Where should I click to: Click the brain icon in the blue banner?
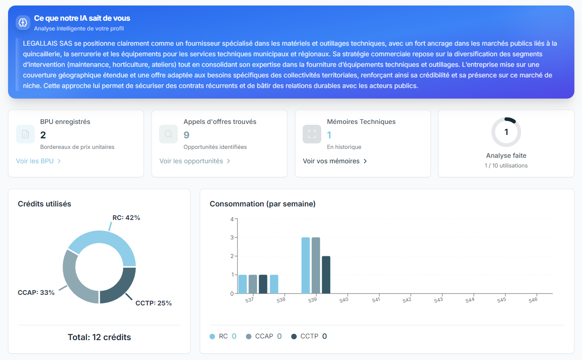pyautogui.click(x=23, y=22)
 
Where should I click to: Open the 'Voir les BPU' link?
pyautogui.click(x=39, y=161)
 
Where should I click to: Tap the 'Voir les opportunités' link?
pyautogui.click(x=195, y=161)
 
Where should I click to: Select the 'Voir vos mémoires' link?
pyautogui.click(x=335, y=161)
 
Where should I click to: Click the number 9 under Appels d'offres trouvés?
pyautogui.click(x=187, y=135)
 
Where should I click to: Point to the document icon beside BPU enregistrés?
pyautogui.click(x=25, y=134)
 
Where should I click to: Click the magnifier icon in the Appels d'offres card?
pyautogui.click(x=168, y=134)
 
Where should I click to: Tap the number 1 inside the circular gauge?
pyautogui.click(x=506, y=132)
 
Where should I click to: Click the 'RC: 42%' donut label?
pyautogui.click(x=126, y=218)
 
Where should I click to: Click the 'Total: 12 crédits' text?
pyautogui.click(x=99, y=337)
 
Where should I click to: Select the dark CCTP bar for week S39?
pyautogui.click(x=326, y=275)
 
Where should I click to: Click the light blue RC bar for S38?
pyautogui.click(x=274, y=284)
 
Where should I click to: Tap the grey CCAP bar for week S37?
pyautogui.click(x=253, y=284)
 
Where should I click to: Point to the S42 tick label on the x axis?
pyautogui.click(x=407, y=300)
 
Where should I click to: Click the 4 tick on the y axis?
pyautogui.click(x=232, y=219)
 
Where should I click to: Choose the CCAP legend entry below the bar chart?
pyautogui.click(x=264, y=336)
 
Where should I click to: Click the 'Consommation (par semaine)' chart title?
pyautogui.click(x=262, y=204)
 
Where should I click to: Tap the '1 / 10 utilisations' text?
pyautogui.click(x=506, y=166)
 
